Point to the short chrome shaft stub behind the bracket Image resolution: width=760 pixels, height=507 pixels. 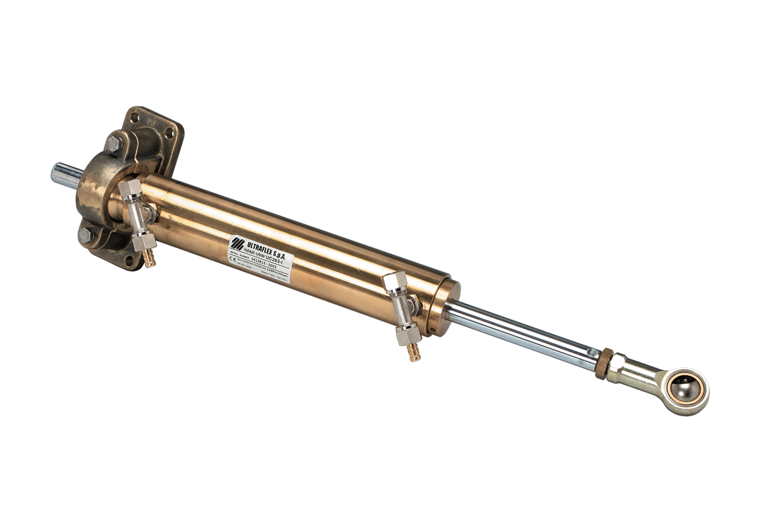(64, 176)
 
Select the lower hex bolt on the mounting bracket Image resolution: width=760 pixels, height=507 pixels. (87, 235)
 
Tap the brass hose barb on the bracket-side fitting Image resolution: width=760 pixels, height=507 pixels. (150, 260)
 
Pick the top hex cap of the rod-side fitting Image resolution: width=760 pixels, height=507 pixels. (394, 281)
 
